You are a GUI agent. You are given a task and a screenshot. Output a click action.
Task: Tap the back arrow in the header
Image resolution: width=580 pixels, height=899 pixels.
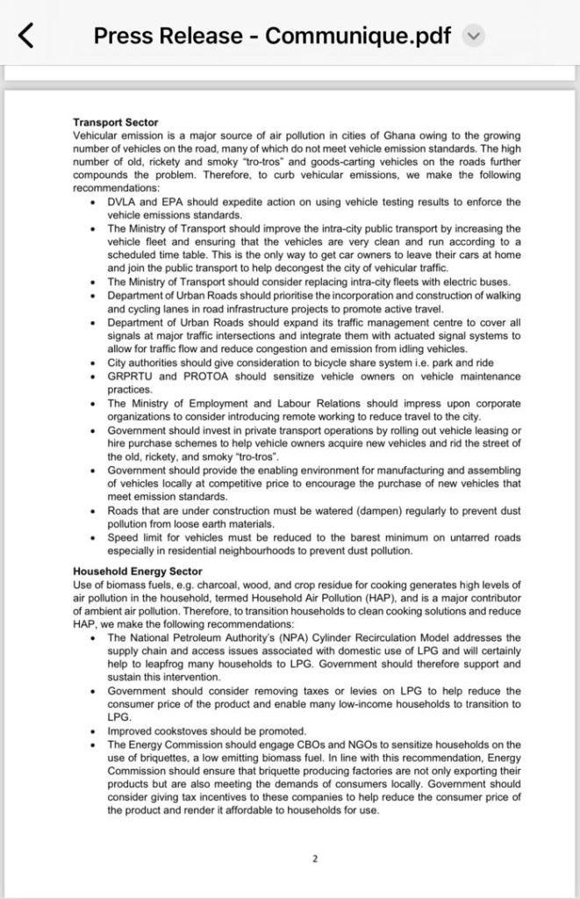tap(27, 36)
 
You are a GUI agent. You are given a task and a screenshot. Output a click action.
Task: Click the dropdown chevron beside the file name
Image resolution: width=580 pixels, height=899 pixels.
tap(473, 36)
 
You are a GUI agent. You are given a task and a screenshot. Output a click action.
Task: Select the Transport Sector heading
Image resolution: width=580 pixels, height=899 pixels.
tap(115, 122)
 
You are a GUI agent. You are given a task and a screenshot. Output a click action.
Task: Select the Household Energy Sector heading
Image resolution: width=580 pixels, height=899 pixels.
tap(137, 572)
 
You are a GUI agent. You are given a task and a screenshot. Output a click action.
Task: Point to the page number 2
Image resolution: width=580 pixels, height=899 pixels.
tap(314, 859)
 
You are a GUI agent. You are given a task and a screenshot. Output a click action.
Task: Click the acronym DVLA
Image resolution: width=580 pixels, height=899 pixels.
tap(122, 202)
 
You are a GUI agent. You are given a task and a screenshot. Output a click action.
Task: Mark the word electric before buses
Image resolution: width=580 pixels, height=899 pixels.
tap(454, 282)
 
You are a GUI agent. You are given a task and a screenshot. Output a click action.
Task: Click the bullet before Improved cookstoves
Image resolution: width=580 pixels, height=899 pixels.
tap(93, 730)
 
